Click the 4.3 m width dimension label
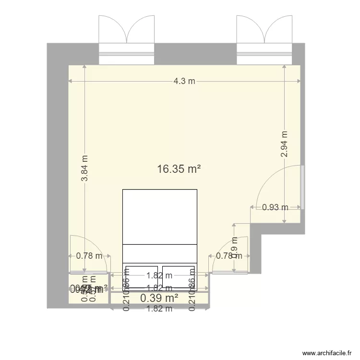click(184, 81)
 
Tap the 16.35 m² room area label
click(179, 169)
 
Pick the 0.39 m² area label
click(159, 299)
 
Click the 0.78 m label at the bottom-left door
click(89, 256)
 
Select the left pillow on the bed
click(142, 276)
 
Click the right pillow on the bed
click(179, 276)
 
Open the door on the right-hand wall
click(302, 187)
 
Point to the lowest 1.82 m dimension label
click(160, 309)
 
